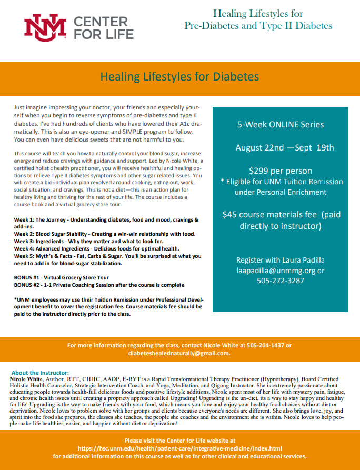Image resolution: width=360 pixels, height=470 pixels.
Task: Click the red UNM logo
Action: [x=45, y=27]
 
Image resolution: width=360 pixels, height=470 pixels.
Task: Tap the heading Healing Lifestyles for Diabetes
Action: [x=179, y=77]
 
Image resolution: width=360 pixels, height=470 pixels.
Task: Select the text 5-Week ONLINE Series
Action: [x=280, y=125]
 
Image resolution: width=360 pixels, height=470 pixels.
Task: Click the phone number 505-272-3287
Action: [x=280, y=281]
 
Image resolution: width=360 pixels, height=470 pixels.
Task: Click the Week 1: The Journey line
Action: [x=106, y=219]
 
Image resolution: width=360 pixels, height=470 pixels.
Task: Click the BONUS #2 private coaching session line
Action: [x=99, y=285]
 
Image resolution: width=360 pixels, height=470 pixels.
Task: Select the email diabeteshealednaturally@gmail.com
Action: [x=179, y=353]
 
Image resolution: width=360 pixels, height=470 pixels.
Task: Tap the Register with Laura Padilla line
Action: [x=280, y=261]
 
